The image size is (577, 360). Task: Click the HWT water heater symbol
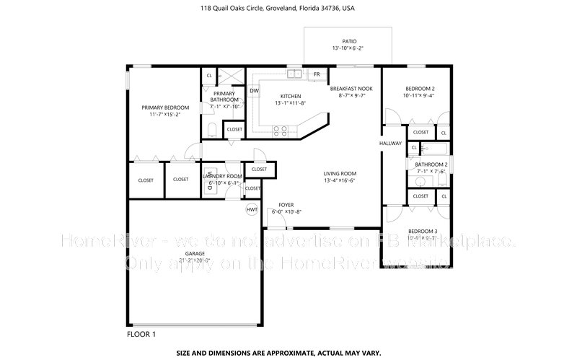click(x=252, y=210)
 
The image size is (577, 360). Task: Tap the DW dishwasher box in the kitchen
click(x=255, y=91)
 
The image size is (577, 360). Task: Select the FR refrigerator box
click(x=316, y=74)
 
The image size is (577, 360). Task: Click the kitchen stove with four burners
click(x=281, y=131)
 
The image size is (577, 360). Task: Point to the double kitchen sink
click(x=294, y=74)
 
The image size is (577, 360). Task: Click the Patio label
click(x=348, y=41)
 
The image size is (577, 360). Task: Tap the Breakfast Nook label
click(x=351, y=88)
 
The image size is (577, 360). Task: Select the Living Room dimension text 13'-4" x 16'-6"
click(x=340, y=180)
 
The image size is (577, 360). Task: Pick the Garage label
click(x=195, y=254)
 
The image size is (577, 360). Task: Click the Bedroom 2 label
click(x=418, y=88)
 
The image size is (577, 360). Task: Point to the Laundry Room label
click(x=222, y=176)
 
